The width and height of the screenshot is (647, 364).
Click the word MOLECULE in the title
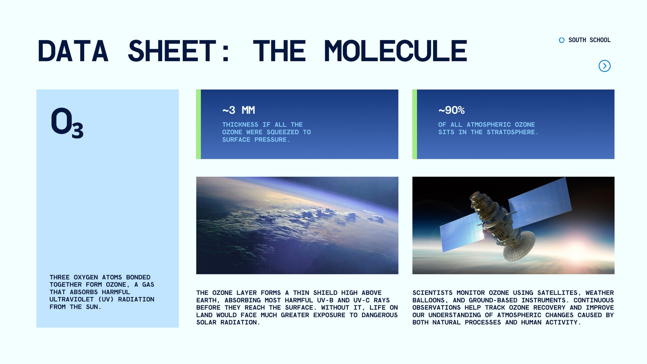click(x=396, y=51)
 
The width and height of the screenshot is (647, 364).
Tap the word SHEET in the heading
click(x=172, y=51)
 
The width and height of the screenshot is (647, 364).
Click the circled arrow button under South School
click(x=604, y=66)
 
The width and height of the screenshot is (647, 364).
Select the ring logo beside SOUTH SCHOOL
click(x=562, y=40)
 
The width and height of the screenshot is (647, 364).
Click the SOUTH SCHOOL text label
click(x=589, y=40)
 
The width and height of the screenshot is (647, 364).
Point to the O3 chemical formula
click(x=67, y=123)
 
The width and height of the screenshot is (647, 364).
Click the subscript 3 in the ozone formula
click(x=77, y=130)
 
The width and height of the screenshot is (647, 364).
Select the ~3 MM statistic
click(x=239, y=110)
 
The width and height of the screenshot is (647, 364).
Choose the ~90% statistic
click(x=451, y=110)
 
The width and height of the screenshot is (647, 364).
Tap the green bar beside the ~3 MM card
click(x=199, y=124)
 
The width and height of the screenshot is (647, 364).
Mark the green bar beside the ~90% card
click(x=414, y=124)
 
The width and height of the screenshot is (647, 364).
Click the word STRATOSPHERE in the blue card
click(x=513, y=132)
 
